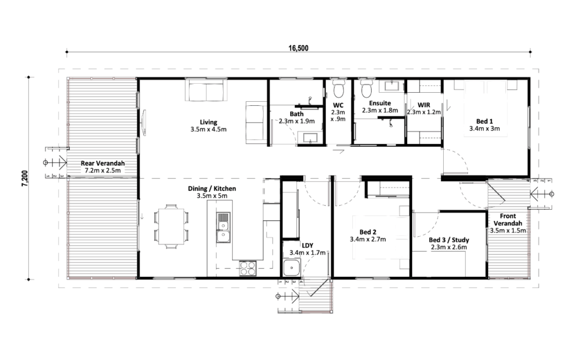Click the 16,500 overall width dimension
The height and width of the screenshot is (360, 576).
(298, 48)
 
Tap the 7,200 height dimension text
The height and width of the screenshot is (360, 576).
(25, 178)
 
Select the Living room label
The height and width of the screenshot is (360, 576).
(208, 122)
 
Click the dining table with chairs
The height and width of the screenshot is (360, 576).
(170, 227)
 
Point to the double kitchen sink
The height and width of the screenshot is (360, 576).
(223, 228)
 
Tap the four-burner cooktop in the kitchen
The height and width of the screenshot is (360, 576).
(247, 268)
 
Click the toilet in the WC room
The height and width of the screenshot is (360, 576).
(338, 87)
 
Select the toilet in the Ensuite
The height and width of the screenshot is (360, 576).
(366, 87)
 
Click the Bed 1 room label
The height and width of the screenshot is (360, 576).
(484, 121)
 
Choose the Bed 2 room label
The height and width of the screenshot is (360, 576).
(368, 232)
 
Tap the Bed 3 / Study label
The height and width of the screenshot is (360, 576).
(449, 240)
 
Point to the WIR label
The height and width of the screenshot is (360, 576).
(424, 105)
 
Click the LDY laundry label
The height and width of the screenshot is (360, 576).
(308, 245)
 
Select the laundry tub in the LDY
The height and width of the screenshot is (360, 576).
(292, 268)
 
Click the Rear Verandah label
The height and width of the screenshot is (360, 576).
(103, 163)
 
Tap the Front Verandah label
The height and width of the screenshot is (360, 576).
(508, 220)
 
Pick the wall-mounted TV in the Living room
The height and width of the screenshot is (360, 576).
(144, 123)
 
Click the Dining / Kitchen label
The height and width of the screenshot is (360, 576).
(212, 188)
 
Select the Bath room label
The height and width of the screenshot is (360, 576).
(296, 114)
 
